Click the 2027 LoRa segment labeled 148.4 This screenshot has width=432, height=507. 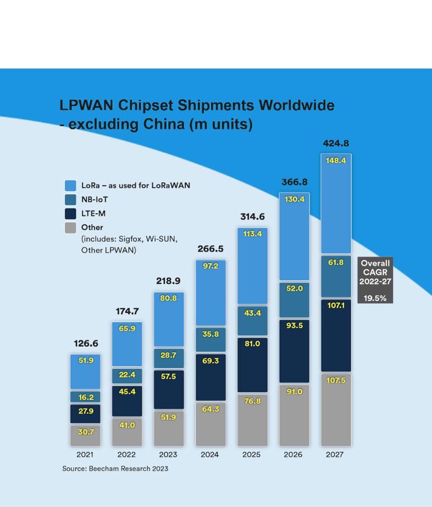coord(336,203)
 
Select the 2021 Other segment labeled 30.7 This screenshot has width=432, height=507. coord(85,435)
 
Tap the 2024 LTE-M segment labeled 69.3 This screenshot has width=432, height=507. coord(211,377)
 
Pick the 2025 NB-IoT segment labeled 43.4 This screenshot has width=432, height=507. coord(252,320)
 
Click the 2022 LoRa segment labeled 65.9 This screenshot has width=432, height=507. coord(127,344)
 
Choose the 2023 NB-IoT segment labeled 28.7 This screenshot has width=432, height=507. coord(169,358)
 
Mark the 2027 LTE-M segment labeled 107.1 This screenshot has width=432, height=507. coord(336,335)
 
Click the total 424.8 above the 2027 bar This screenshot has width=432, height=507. coord(336,144)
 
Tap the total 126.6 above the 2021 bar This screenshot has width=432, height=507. coord(85,344)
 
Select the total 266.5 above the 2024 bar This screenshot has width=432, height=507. coord(211,249)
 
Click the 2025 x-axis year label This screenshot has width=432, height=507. coord(252,455)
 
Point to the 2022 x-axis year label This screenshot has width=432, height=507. coord(126,455)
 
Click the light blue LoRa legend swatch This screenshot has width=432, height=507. coord(70,185)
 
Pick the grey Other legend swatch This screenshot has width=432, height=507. coord(70,227)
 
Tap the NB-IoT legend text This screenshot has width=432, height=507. coord(95,199)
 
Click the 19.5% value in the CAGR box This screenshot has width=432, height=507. coord(375,298)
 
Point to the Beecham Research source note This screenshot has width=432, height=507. coord(115,469)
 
